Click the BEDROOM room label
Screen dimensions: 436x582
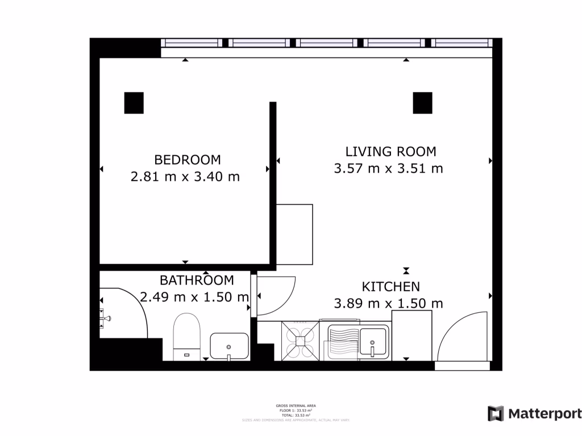[187, 160]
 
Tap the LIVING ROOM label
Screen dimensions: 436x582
[390, 152]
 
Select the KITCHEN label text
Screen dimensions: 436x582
[391, 287]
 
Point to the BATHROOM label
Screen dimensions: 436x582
[197, 280]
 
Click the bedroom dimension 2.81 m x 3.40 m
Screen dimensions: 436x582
[185, 177]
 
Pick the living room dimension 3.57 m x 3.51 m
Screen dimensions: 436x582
[389, 169]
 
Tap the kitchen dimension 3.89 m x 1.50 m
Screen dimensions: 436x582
[389, 303]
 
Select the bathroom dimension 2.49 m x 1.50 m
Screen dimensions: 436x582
[194, 296]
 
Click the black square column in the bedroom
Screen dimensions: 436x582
[134, 103]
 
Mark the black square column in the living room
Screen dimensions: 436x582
[422, 103]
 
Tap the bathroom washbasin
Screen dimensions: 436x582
[229, 346]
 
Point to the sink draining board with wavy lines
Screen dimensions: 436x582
[341, 342]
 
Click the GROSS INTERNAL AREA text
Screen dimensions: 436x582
[296, 406]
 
